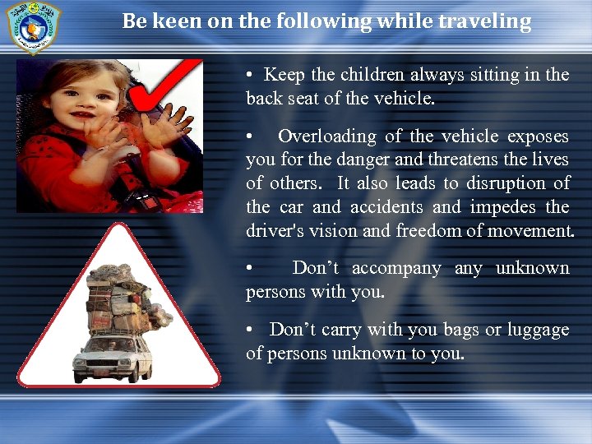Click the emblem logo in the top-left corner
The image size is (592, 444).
[33, 25]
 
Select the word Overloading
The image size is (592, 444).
[324, 136]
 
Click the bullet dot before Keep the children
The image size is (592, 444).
[249, 75]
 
